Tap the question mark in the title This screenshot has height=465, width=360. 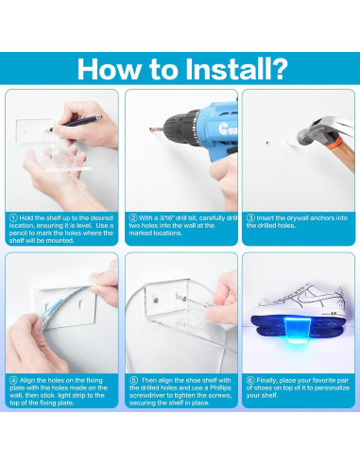tap(280, 68)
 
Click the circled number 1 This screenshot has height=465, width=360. tap(13, 218)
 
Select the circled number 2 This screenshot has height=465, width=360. tap(133, 217)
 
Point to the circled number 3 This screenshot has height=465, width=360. tap(250, 217)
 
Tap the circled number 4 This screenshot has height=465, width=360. tap(13, 380)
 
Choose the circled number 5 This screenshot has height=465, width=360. tap(133, 380)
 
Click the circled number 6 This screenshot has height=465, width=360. tap(250, 380)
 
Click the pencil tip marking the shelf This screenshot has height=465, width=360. tap(48, 129)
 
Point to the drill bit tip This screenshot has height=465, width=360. tap(150, 129)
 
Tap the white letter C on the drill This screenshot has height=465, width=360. tap(222, 129)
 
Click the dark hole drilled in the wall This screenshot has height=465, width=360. tap(267, 143)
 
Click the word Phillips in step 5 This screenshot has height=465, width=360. tap(221, 387)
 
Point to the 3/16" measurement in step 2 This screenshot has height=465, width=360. tap(166, 217)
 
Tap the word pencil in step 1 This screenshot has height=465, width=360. tap(19, 233)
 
